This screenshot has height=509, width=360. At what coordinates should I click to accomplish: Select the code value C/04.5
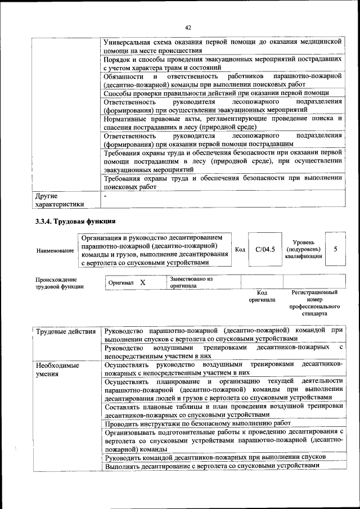tap(264, 249)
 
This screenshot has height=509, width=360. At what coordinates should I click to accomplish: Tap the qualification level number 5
tap(335, 249)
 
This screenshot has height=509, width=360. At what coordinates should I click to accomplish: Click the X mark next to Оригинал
tap(142, 282)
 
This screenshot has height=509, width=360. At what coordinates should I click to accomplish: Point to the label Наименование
tap(55, 250)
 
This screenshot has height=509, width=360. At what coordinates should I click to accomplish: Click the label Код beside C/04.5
tap(240, 250)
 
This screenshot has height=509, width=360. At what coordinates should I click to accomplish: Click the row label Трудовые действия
tap(66, 331)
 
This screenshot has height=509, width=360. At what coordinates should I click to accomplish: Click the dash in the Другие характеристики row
tap(106, 197)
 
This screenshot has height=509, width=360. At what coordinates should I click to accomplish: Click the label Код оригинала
tap(262, 296)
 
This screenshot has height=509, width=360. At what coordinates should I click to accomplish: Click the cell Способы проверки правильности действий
tap(217, 93)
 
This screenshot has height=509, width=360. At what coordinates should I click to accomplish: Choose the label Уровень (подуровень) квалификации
tap(303, 249)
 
